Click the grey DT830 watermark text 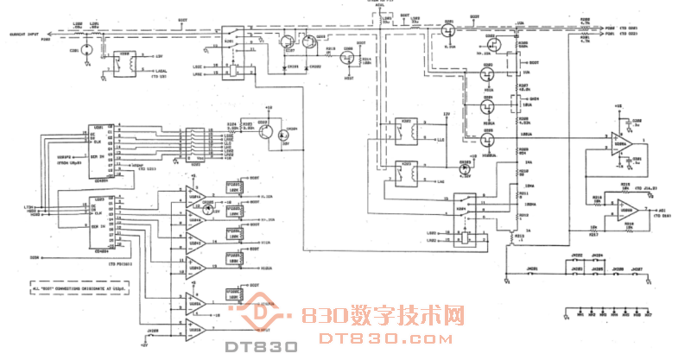(262, 347)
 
